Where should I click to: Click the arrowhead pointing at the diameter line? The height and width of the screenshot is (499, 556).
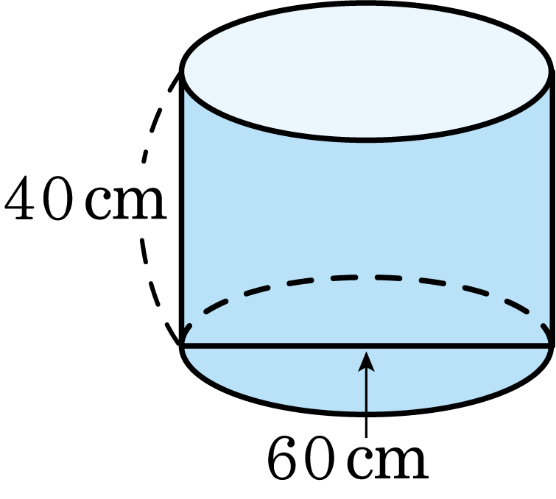click(366, 361)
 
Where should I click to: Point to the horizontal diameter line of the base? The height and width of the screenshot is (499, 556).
click(367, 346)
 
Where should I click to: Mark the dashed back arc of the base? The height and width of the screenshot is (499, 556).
click(367, 277)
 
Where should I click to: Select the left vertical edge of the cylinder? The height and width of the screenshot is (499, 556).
click(182, 208)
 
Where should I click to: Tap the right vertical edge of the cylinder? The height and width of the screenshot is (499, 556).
click(552, 208)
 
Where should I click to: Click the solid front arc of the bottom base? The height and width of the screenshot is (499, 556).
click(367, 413)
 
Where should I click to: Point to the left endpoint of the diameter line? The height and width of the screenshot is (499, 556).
click(181, 346)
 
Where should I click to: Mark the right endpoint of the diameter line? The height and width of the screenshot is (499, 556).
click(552, 346)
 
